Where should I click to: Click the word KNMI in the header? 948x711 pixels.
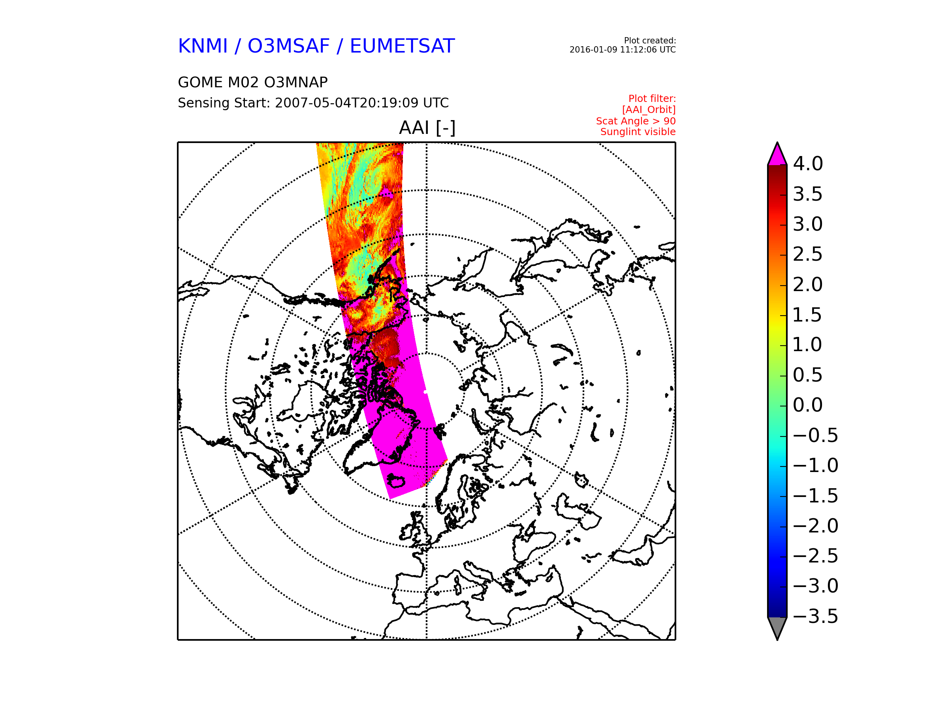tap(203, 46)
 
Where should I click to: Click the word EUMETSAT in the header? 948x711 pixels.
tap(402, 46)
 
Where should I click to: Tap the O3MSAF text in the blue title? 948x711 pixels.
tap(289, 46)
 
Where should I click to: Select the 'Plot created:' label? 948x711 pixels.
tap(650, 41)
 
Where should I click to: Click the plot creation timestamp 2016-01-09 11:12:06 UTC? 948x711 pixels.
tap(622, 50)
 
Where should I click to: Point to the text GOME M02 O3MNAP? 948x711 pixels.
tap(253, 82)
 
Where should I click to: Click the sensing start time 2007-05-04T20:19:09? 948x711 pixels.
tap(347, 103)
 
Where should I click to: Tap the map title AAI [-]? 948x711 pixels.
tap(427, 128)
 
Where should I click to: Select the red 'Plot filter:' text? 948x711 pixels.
tap(652, 99)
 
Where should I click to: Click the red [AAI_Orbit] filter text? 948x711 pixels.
tap(649, 110)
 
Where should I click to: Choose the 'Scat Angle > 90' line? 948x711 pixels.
tap(636, 121)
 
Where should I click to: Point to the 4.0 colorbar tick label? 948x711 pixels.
tap(808, 164)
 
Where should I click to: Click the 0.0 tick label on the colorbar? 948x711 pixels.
tap(808, 405)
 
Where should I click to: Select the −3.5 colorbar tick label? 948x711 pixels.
tap(816, 616)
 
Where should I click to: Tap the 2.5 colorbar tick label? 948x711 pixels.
tap(808, 254)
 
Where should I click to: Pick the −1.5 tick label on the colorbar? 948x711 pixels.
tap(816, 496)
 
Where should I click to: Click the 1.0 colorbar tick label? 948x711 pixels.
tap(807, 344)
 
